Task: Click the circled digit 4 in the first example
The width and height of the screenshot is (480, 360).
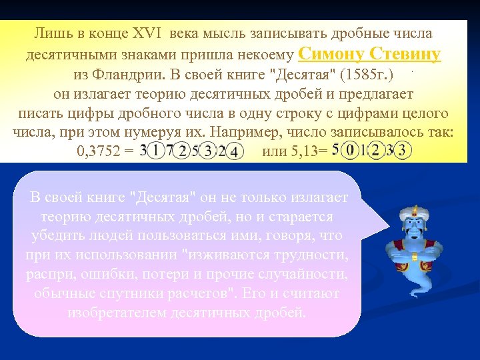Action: pos(235,152)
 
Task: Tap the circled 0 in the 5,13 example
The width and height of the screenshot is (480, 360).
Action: pos(349,151)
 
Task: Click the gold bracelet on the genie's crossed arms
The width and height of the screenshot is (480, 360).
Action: pos(415,257)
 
